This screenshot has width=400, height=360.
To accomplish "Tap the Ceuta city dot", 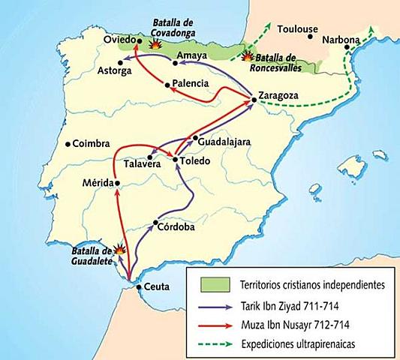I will tap(137, 286).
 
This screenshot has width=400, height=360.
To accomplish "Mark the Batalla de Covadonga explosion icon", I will tap(155, 44).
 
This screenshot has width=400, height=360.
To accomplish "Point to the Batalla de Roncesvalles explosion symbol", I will tap(248, 55).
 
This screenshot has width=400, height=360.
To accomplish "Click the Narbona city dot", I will tap(346, 47).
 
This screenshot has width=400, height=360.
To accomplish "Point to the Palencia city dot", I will tap(168, 83).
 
